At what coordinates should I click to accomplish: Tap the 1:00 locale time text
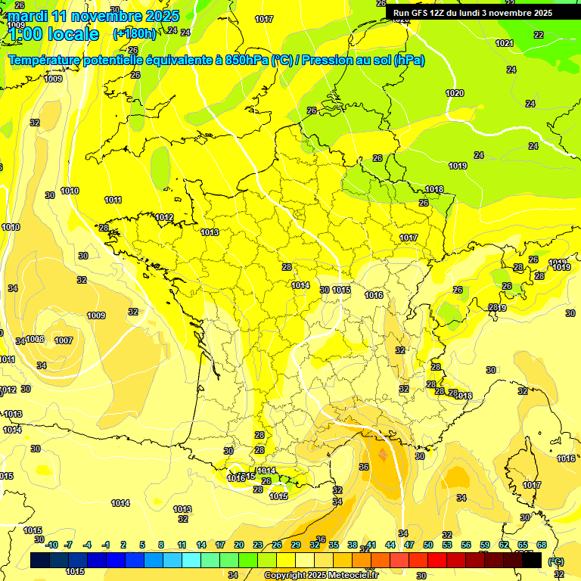pos(53,34)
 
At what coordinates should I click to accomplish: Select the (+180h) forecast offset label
pos(134,34)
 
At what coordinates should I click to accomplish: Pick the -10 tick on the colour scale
pos(51,545)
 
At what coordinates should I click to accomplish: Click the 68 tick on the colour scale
pos(542,545)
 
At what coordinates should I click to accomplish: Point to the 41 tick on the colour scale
pos(371,545)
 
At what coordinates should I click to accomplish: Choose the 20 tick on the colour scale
pos(238,545)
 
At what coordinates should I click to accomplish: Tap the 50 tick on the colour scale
pos(428,545)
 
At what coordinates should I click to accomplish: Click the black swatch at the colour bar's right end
pos(532,560)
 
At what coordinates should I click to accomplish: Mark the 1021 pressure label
pos(505,43)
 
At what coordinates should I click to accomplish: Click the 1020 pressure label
pos(455,93)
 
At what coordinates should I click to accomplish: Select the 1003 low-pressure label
pos(36,339)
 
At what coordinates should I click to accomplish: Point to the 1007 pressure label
pos(64,340)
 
